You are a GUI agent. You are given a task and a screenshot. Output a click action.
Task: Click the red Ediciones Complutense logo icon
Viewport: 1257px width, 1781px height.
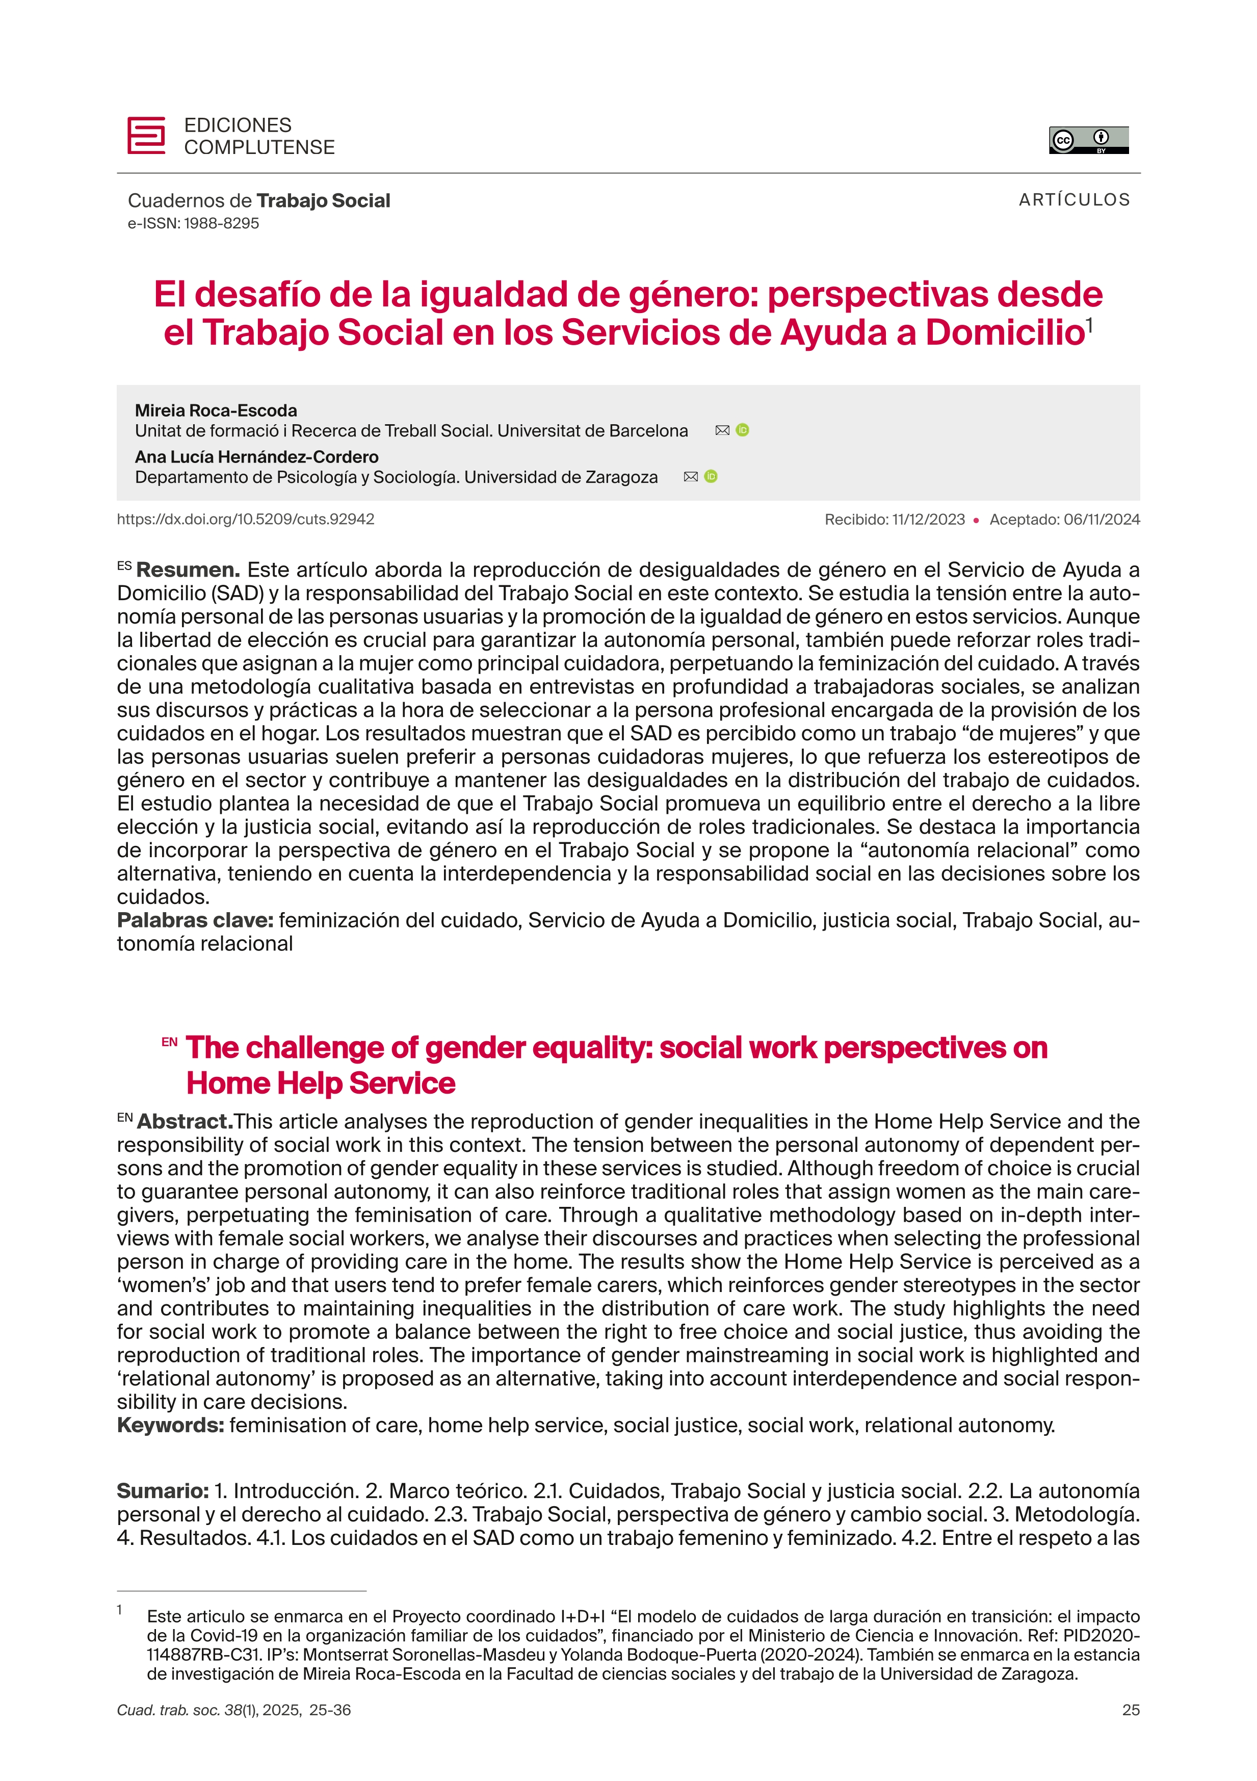pyautogui.click(x=146, y=136)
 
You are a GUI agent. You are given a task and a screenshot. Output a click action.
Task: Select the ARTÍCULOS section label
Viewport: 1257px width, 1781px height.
pyautogui.click(x=1074, y=200)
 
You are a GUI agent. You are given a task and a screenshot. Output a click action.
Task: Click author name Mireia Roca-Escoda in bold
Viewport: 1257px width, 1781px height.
pyautogui.click(x=216, y=410)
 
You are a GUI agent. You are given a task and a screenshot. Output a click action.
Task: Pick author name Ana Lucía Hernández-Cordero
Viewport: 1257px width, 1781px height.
pyautogui.click(x=257, y=457)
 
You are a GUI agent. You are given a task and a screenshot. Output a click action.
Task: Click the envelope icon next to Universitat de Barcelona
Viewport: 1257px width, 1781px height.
pyautogui.click(x=722, y=430)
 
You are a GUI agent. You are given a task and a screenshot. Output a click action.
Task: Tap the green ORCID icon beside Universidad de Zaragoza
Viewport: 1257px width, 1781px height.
pyautogui.click(x=711, y=477)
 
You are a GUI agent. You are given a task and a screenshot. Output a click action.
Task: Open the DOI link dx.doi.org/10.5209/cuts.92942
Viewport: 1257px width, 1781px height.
pyautogui.click(x=246, y=519)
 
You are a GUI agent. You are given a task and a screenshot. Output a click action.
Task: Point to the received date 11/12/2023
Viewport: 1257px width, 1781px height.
pyautogui.click(x=928, y=520)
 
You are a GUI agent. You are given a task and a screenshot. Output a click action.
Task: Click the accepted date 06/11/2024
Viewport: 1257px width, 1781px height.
pyautogui.click(x=1101, y=520)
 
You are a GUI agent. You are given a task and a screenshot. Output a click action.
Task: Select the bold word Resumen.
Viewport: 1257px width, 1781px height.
pyautogui.click(x=188, y=570)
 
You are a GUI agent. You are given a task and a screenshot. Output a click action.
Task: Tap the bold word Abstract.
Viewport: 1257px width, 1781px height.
pyautogui.click(x=185, y=1122)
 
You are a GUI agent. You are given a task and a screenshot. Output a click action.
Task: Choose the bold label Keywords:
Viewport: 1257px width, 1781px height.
pyautogui.click(x=171, y=1425)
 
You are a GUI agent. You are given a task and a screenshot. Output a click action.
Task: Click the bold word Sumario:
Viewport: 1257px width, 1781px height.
pyautogui.click(x=163, y=1491)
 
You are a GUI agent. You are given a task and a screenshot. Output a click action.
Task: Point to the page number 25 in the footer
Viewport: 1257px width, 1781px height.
pyautogui.click(x=1131, y=1710)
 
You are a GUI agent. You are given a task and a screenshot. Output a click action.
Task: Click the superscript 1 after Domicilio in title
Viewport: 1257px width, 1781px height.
pyautogui.click(x=1089, y=324)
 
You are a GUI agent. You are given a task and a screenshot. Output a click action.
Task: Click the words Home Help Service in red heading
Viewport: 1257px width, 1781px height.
pyautogui.click(x=320, y=1083)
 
